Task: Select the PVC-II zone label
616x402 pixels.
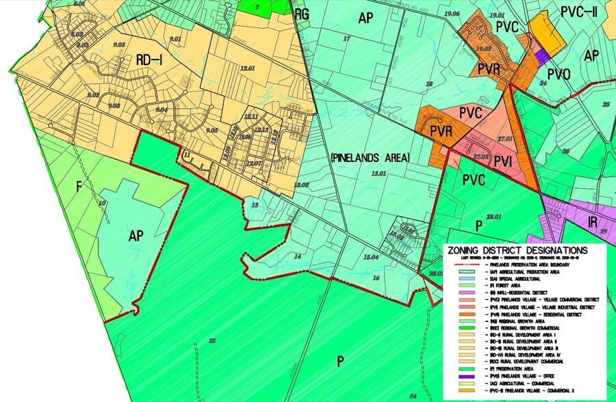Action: pyautogui.click(x=579, y=12)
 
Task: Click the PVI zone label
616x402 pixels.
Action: pyautogui.click(x=503, y=161)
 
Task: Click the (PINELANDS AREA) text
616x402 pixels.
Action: pyautogui.click(x=370, y=158)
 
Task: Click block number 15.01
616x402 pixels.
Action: pyautogui.click(x=377, y=175)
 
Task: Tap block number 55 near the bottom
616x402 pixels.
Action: pyautogui.click(x=212, y=340)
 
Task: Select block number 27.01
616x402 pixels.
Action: pyautogui.click(x=505, y=139)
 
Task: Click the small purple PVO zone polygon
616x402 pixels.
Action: pyautogui.click(x=543, y=53)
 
